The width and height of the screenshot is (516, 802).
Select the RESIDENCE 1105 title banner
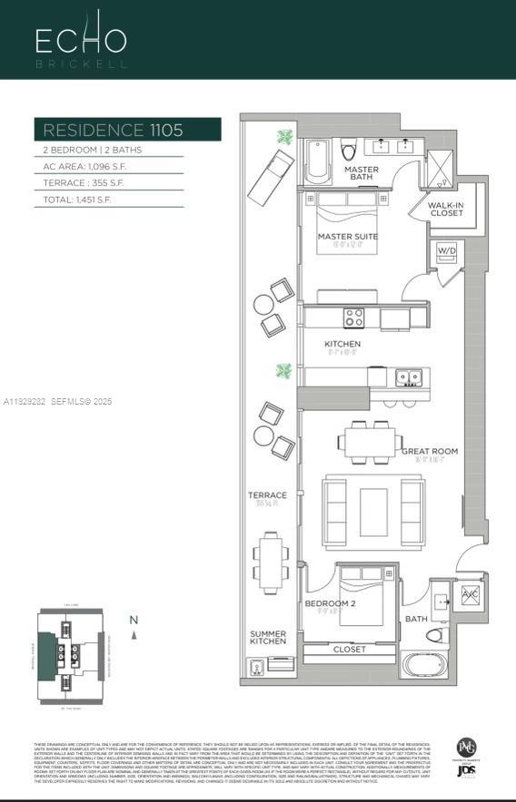[127, 130]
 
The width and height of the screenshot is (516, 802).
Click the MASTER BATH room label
[361, 172]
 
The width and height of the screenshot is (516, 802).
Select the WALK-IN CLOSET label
[446, 210]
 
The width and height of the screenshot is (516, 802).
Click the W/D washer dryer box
[446, 251]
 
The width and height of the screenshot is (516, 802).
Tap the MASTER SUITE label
[347, 237]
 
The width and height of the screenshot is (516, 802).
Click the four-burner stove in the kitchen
[353, 318]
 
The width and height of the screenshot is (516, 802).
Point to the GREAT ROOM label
[429, 451]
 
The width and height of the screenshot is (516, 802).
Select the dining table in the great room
[372, 443]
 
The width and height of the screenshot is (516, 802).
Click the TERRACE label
[267, 495]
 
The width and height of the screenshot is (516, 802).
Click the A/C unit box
[469, 595]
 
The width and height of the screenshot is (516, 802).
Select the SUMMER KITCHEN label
[268, 639]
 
